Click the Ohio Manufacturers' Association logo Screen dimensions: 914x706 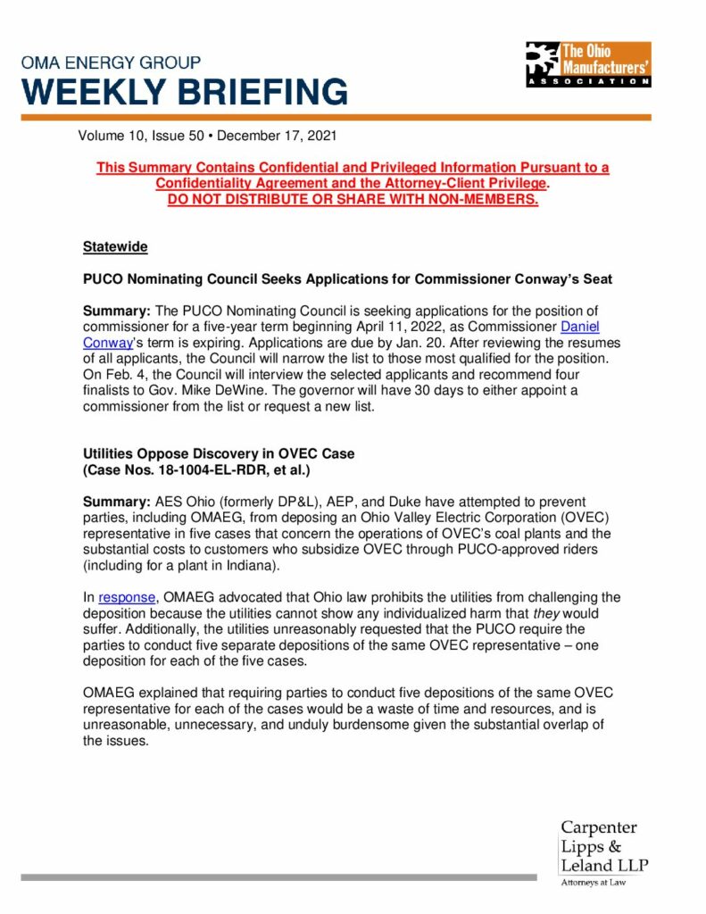pos(588,64)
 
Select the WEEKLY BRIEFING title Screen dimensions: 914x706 pos(185,93)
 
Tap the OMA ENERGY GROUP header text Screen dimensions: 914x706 pos(112,62)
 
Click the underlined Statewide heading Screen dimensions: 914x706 pos(115,246)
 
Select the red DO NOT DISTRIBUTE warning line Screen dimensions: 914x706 pos(353,198)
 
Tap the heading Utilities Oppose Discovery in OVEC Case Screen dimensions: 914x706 pos(219,453)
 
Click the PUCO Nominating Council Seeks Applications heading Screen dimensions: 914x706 pos(347,278)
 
